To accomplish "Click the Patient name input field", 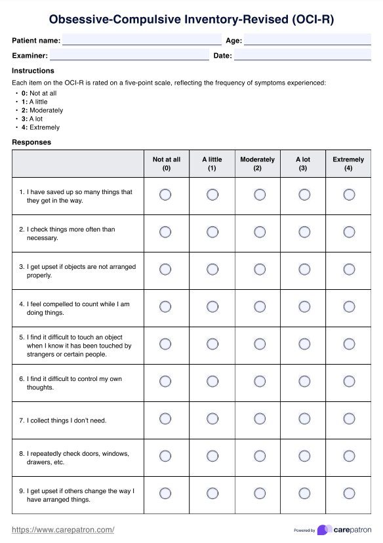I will pos(142,40).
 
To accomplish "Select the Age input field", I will pos(307,40).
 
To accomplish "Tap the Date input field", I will pos(302,56).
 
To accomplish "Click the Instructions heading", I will pos(33,71).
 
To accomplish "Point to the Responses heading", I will pos(31,142).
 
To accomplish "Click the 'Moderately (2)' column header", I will pos(258,163).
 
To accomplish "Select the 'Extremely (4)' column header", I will pos(348,163).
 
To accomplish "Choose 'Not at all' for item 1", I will pos(165,195).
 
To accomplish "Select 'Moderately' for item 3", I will pos(260,270).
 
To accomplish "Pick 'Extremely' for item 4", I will pos(349,306).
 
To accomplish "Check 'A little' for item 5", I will pos(212,344).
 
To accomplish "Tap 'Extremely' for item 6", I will pos(349,382).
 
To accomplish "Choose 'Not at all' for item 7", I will pos(165,419).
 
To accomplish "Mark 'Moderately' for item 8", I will pos(260,456).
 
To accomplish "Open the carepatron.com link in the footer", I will pos(64,529).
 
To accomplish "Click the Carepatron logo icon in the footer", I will pos(323,530).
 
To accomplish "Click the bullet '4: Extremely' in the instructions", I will pos(40,128).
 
